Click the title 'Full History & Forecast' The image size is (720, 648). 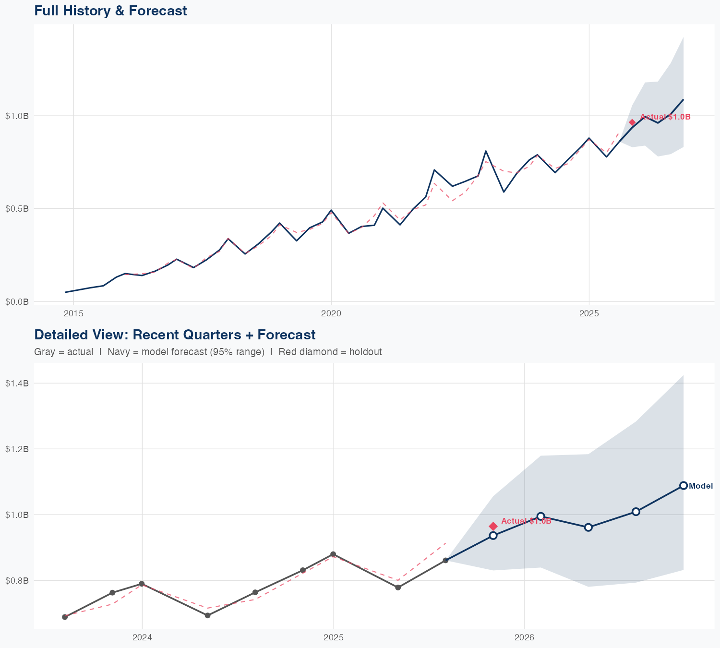[110, 11]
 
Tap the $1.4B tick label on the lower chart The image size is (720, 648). [17, 383]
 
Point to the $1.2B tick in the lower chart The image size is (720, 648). [17, 449]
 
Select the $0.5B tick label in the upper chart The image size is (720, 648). [17, 209]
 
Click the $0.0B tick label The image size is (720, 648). [17, 301]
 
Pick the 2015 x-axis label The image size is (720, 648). [73, 313]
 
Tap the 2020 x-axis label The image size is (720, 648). [331, 313]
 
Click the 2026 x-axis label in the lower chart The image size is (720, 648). [524, 637]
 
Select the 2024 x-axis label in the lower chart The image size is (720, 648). [142, 637]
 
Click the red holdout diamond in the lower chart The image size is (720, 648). [493, 527]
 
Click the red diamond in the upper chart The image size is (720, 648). [632, 122]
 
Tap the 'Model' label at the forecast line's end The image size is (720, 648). [701, 486]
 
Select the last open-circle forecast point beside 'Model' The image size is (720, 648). [684, 485]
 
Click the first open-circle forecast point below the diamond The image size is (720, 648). [493, 535]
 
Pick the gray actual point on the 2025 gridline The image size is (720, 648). [333, 554]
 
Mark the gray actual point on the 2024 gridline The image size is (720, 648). [142, 584]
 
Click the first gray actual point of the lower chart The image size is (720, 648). [65, 617]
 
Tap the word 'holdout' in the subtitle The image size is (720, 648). [365, 352]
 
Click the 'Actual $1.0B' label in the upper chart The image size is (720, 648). [665, 117]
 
